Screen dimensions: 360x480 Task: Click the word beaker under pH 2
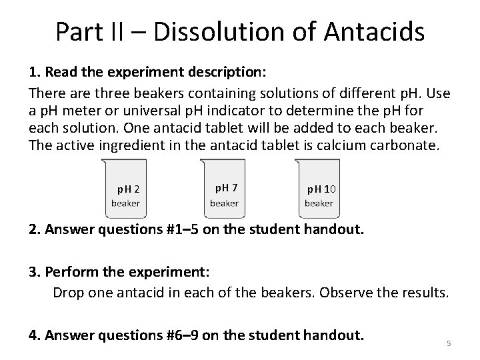tap(125, 203)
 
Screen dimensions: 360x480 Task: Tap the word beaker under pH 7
tap(224, 203)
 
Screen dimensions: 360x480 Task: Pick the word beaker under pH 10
tap(319, 203)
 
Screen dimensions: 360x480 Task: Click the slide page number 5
tap(449, 343)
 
